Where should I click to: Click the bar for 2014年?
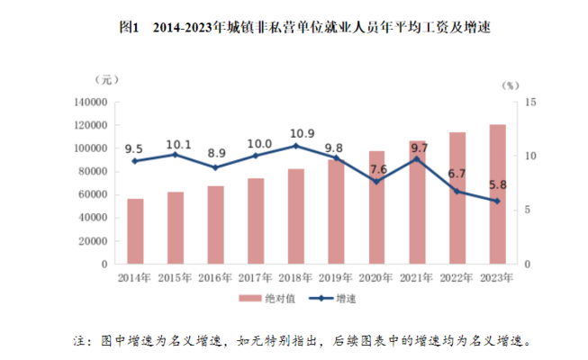tap(135, 231)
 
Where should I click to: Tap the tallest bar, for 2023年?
tap(498, 193)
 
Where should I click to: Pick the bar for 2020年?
tap(376, 207)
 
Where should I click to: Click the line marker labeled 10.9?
tap(296, 146)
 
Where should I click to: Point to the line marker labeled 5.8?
tap(498, 201)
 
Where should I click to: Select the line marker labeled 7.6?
tap(376, 182)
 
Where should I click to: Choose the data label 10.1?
tap(176, 143)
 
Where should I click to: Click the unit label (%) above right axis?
tap(511, 85)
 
